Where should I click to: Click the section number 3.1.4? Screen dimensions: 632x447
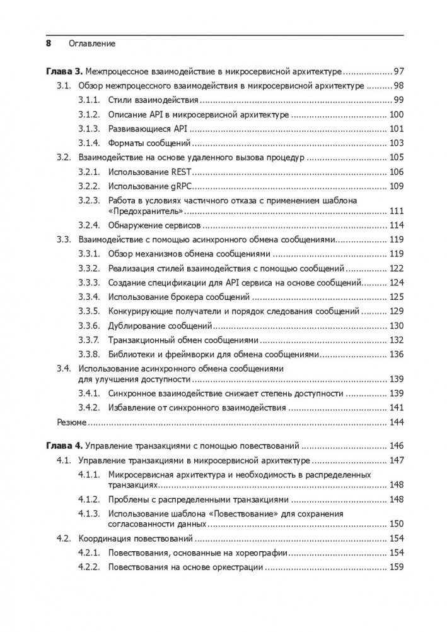89,143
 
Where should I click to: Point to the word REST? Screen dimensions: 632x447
186,172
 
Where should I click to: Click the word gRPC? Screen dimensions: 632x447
185,186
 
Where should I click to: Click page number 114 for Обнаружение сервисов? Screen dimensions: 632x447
396,225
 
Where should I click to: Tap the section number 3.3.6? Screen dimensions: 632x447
89,326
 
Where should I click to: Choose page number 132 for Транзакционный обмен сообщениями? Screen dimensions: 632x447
396,340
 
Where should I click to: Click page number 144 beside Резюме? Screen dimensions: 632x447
396,422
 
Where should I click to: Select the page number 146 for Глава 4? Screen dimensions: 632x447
396,446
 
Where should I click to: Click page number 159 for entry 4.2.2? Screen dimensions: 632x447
396,568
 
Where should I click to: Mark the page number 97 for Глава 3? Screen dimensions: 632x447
398,71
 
